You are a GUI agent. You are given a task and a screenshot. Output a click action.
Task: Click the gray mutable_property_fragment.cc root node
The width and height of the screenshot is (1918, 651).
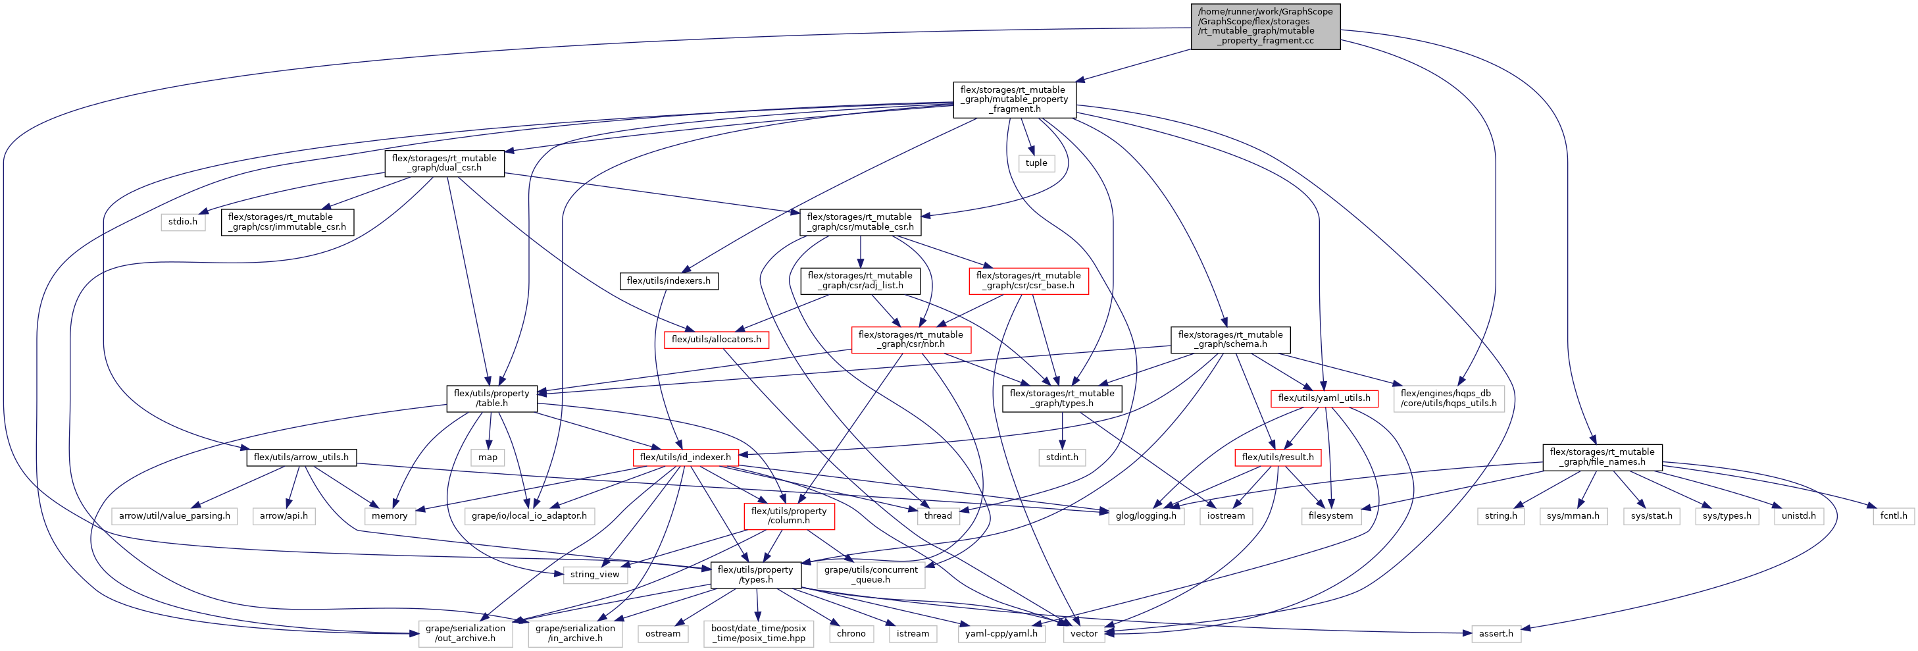click(1265, 26)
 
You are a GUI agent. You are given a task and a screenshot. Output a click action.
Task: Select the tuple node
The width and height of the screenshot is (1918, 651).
click(1036, 163)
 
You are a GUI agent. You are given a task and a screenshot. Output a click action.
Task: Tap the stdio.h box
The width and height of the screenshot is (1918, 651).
click(182, 221)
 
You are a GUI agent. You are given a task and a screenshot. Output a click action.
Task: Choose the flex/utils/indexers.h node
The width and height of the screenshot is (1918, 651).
click(668, 281)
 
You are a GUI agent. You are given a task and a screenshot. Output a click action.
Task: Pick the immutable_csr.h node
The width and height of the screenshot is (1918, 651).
click(287, 222)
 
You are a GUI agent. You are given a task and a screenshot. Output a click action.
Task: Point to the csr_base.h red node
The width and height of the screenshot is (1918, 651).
click(1028, 281)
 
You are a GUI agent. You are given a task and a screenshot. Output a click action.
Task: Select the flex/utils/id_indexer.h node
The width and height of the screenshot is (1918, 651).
click(685, 457)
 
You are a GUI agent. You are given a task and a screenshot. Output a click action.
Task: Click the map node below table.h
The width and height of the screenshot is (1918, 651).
click(488, 457)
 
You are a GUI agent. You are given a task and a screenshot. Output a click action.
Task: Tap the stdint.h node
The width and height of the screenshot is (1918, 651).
click(1061, 457)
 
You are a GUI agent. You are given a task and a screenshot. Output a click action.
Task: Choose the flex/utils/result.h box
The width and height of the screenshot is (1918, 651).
click(1277, 457)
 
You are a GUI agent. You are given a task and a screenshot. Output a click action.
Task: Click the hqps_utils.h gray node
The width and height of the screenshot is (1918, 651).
click(1448, 398)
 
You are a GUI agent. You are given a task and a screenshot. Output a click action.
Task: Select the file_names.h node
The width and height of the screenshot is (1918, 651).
click(1602, 457)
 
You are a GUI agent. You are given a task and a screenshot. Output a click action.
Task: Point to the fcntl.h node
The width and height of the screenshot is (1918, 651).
click(1893, 515)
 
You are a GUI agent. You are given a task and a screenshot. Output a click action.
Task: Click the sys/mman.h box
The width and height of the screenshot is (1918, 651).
click(1573, 515)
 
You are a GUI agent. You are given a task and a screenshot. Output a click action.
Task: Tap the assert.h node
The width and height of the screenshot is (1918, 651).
click(1495, 634)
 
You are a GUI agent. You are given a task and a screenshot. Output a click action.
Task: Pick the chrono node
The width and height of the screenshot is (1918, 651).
click(850, 634)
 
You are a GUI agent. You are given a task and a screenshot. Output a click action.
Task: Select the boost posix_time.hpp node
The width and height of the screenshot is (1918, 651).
click(758, 634)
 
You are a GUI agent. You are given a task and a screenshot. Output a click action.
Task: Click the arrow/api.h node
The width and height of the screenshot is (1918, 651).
click(284, 515)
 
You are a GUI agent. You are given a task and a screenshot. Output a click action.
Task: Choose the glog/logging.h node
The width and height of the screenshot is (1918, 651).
click(1145, 515)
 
